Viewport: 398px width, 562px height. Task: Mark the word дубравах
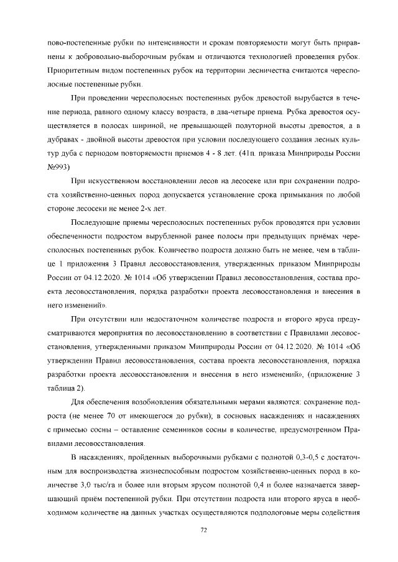tap(64, 140)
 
